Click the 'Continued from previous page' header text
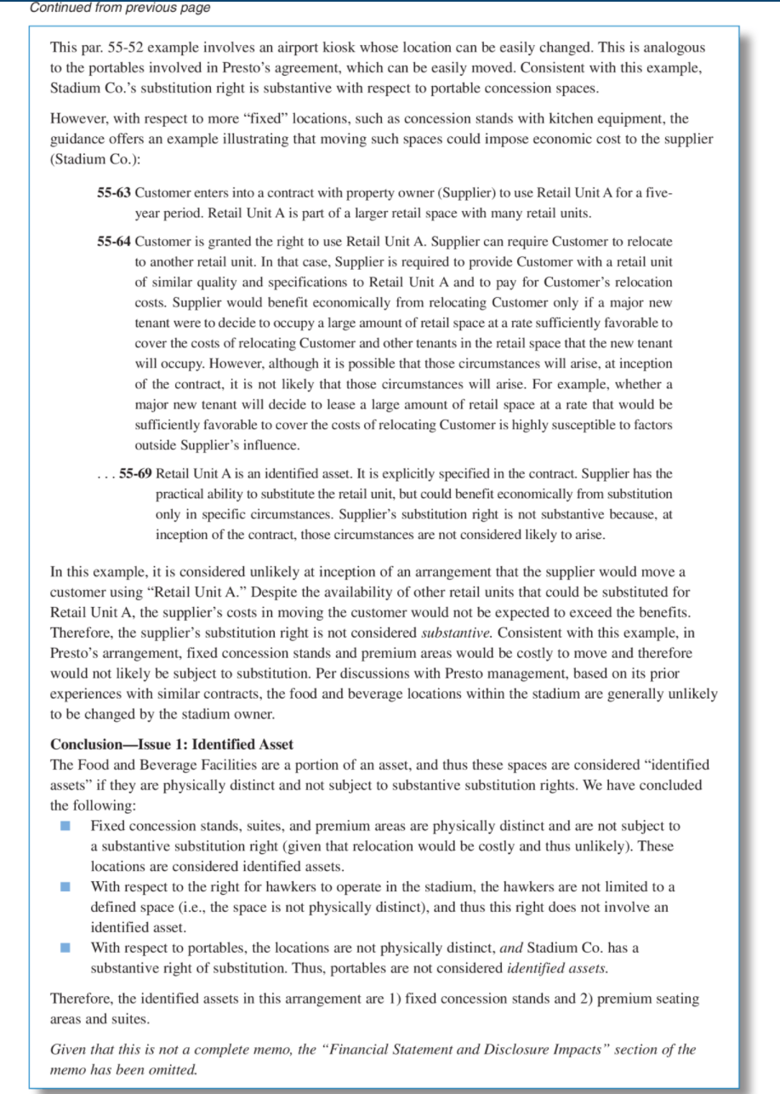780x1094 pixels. tap(120, 8)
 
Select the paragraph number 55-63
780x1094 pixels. tap(115, 193)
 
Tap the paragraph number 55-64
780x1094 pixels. tap(115, 242)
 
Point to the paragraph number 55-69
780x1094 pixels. tap(134, 473)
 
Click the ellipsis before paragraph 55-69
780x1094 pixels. tap(105, 473)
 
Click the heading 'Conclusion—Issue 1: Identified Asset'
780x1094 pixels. tap(172, 745)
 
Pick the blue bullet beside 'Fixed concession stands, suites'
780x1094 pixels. tap(65, 827)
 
